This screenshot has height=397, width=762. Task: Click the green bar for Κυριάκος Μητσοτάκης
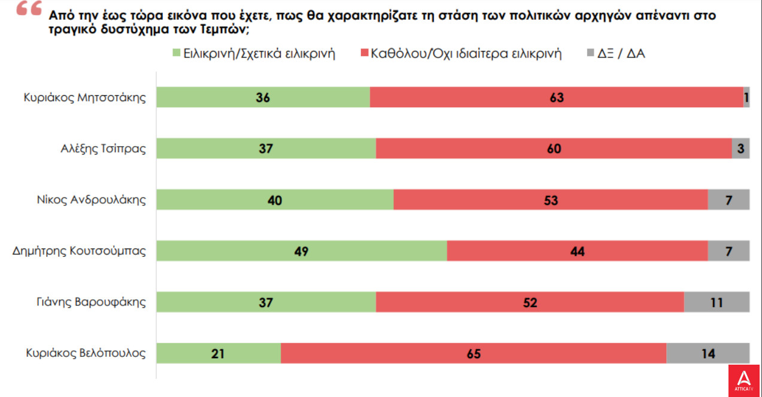(x=263, y=98)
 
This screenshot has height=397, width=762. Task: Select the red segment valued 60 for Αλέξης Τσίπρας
(x=554, y=149)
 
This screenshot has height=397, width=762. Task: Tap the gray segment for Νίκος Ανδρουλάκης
(x=728, y=200)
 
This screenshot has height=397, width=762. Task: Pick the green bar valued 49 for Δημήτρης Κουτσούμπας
(x=302, y=251)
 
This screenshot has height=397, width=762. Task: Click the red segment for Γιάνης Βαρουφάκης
(x=530, y=302)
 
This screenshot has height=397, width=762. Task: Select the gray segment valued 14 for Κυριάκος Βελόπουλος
(x=708, y=353)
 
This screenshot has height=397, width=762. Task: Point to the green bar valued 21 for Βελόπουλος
(x=218, y=353)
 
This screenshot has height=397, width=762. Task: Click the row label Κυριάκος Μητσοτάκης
(x=85, y=98)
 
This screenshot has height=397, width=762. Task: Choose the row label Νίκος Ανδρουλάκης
(x=92, y=200)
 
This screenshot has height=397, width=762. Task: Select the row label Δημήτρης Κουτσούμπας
(x=79, y=251)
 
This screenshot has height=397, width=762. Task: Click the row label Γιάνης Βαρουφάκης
(x=92, y=302)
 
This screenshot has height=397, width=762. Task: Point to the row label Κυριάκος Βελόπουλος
(x=86, y=353)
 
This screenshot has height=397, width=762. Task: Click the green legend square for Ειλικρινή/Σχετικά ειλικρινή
(x=176, y=53)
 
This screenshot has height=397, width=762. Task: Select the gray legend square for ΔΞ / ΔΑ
(x=590, y=53)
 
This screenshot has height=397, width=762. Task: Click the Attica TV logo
(x=744, y=380)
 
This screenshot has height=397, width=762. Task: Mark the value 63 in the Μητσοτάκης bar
(x=557, y=98)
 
